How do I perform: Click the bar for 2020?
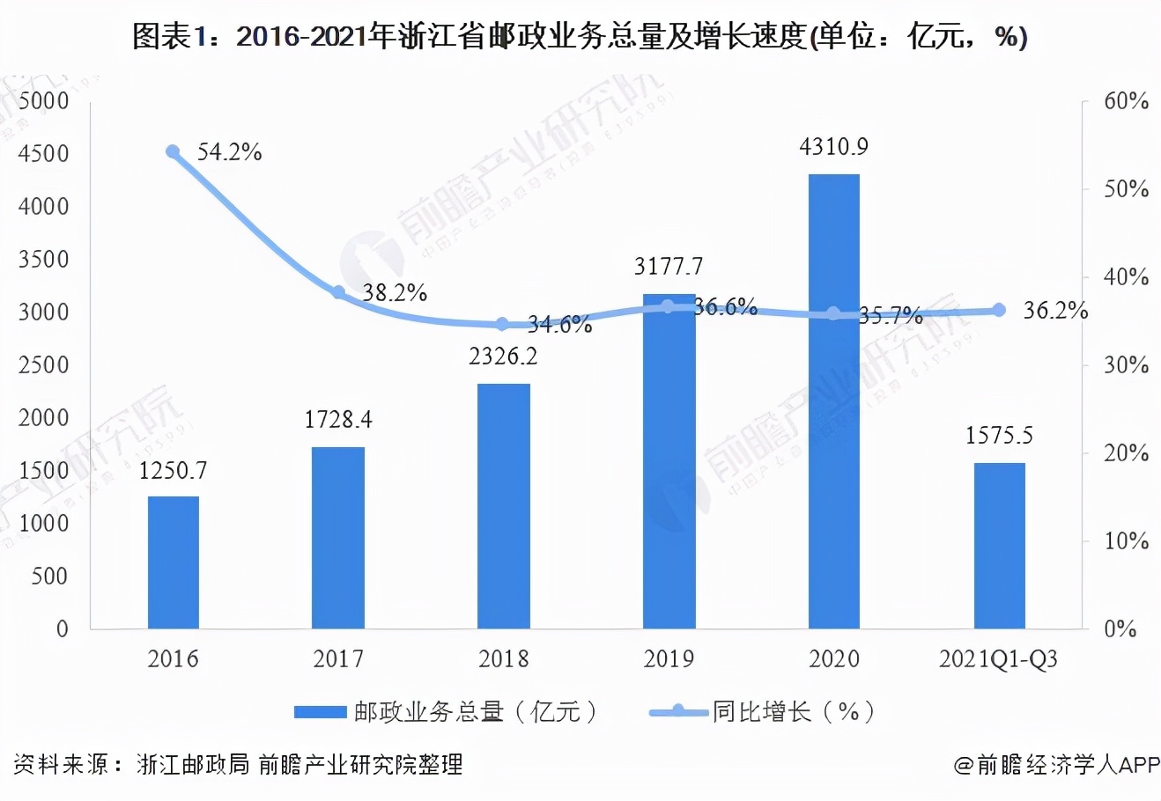coord(833,401)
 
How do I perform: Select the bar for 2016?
coord(173,562)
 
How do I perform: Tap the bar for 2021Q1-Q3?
coord(999,546)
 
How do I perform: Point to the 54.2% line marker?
coord(173,152)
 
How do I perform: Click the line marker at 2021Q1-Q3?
coord(999,310)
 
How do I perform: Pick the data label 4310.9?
coord(833,146)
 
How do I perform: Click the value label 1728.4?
coord(338,421)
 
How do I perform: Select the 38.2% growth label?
coord(395,293)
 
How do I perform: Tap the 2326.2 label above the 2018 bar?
coord(503,356)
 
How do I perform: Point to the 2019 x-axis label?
coord(669,659)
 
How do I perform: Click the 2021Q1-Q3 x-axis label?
coord(999,659)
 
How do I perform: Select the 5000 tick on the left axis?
coord(43,101)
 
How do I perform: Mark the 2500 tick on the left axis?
coord(43,365)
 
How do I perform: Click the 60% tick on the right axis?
coord(1127,102)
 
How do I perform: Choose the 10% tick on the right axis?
coord(1127,541)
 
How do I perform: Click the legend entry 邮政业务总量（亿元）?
coord(446,712)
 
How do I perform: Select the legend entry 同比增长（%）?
coord(763,712)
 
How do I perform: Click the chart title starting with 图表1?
coord(580,37)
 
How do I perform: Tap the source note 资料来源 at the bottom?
coord(238,764)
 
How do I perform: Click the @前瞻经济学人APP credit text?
coord(1056,764)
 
